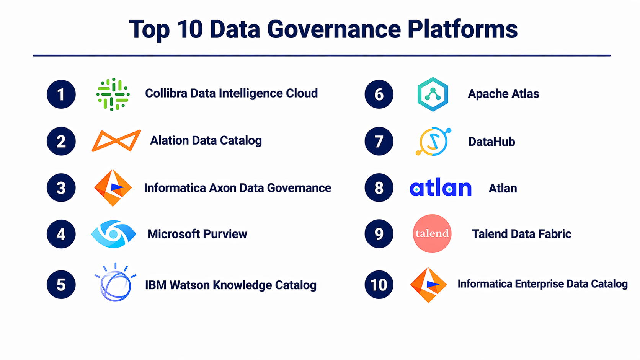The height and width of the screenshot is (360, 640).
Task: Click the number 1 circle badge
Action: click(61, 94)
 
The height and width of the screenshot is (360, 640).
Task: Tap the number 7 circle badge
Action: click(379, 141)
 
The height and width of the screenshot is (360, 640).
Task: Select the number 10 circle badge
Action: click(379, 285)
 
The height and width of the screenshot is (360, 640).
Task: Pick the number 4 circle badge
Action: click(61, 234)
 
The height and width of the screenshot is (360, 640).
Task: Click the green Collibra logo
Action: click(113, 94)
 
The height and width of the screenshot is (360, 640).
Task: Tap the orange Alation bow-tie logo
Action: click(116, 140)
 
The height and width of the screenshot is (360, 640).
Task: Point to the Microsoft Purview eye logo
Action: click(114, 234)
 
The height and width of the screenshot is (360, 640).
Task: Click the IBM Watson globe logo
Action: click(116, 282)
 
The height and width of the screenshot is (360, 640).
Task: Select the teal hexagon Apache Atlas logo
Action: click(433, 94)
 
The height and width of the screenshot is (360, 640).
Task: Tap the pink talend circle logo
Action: click(432, 233)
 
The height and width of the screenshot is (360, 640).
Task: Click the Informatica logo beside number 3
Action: click(113, 188)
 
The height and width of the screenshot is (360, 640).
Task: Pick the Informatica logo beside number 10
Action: click(429, 285)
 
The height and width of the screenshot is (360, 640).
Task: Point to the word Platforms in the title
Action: click(462, 29)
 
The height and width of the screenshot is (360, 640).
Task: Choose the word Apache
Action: click(488, 94)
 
